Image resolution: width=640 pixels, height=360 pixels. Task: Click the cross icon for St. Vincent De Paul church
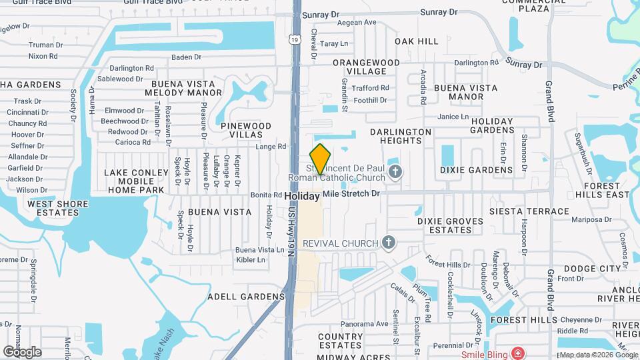coord(395,173)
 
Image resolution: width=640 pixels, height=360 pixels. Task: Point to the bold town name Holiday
coord(302,197)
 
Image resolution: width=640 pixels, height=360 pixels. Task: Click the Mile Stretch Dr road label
coord(351,193)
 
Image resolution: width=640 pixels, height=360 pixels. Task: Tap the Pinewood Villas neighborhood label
coord(246,130)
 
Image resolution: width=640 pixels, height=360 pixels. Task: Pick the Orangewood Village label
coord(366,67)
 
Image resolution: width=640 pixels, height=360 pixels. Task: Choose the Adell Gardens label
coord(246,296)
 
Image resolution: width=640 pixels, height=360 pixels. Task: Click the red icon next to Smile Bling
coord(517,353)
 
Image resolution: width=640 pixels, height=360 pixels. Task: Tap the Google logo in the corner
coord(22,351)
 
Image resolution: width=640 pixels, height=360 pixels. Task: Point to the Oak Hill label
coord(417,41)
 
